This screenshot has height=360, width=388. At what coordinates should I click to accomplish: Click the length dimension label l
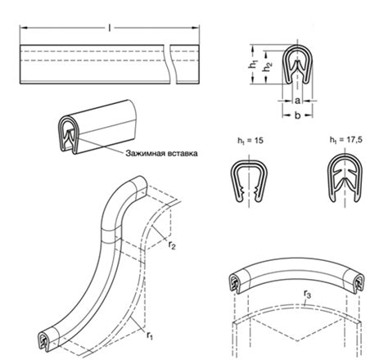(110, 28)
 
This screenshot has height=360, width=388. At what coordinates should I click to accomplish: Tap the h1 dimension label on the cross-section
(253, 64)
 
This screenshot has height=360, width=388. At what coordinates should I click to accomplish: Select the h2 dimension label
(268, 67)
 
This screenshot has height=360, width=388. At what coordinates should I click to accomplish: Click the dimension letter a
(298, 101)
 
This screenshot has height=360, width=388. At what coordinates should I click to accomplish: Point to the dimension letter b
(298, 115)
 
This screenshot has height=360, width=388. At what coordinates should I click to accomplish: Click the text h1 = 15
(250, 141)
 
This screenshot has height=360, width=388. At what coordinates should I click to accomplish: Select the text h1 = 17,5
(345, 140)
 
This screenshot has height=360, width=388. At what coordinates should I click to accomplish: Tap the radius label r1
(150, 335)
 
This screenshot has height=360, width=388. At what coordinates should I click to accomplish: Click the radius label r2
(172, 245)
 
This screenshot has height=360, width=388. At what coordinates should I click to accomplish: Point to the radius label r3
(308, 295)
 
